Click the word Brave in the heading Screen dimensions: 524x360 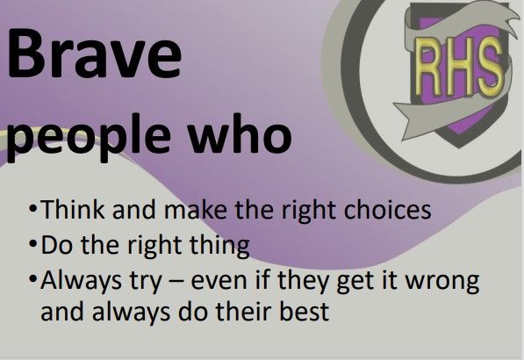tap(95, 53)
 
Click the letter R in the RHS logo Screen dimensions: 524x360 tap(428, 67)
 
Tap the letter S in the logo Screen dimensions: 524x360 tap(489, 65)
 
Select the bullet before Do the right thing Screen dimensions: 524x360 tap(32, 245)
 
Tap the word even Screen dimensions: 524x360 tap(219, 282)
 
